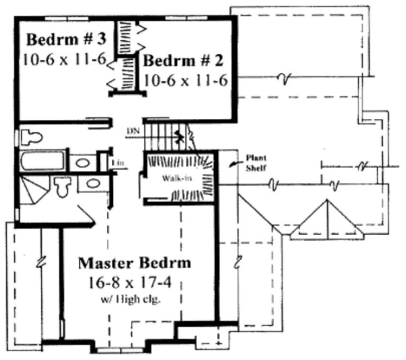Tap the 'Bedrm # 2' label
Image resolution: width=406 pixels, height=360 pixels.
(184, 60)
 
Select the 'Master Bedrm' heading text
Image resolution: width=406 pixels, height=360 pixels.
(135, 263)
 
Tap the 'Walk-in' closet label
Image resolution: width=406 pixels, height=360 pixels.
(172, 178)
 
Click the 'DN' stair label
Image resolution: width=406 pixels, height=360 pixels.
(132, 131)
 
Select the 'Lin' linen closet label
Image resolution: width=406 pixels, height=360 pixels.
(117, 162)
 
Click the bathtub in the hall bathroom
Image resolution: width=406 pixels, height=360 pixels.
(42, 162)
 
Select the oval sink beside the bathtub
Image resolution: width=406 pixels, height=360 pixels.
(82, 163)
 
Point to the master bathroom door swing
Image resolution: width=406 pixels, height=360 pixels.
(87, 214)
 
